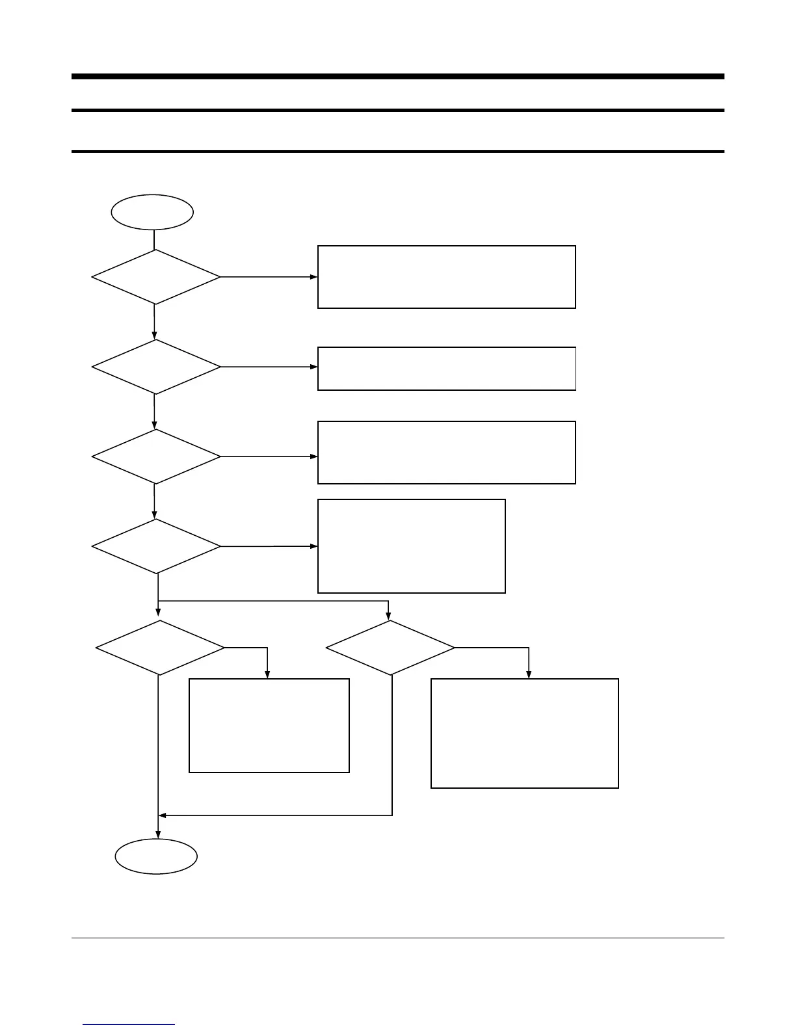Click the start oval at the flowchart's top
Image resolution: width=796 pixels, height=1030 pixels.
(x=152, y=212)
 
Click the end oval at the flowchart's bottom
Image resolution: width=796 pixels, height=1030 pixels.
(x=156, y=856)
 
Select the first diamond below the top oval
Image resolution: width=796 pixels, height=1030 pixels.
(x=156, y=277)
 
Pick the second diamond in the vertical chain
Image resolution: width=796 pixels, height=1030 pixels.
(x=156, y=367)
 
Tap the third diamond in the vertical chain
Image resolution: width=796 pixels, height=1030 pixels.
(x=156, y=456)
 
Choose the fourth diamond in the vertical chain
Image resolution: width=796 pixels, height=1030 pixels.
(x=156, y=546)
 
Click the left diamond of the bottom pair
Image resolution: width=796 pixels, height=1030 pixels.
(x=160, y=648)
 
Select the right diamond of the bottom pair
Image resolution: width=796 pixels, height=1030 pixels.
(x=390, y=648)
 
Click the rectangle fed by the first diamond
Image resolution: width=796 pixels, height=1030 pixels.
(x=446, y=277)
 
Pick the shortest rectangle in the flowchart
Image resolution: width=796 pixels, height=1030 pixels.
(x=446, y=369)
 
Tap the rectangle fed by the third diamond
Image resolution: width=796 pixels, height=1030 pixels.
(x=446, y=453)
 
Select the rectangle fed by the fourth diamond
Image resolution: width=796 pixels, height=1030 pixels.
(x=411, y=546)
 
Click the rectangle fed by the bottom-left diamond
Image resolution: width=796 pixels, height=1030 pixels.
(x=269, y=726)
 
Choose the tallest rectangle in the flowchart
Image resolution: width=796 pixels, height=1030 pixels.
(x=524, y=733)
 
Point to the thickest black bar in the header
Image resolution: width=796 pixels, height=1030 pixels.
(x=397, y=77)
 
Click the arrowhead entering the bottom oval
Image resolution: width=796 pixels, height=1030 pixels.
(x=158, y=835)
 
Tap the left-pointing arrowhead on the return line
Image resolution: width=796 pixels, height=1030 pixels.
(x=162, y=815)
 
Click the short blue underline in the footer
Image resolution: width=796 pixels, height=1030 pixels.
(x=129, y=1025)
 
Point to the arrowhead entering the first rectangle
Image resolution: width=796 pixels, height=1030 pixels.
(x=314, y=277)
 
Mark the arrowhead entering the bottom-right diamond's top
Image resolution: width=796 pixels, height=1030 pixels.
(x=389, y=616)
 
